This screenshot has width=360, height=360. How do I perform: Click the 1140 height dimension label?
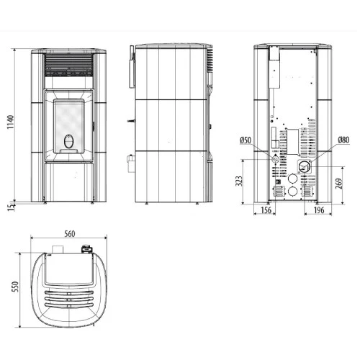(x=10, y=122)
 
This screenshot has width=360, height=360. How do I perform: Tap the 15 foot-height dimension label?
(x=10, y=207)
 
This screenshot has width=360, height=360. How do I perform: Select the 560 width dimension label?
(x=70, y=234)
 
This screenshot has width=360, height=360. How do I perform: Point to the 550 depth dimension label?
(x=15, y=287)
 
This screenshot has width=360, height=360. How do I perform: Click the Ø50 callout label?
(x=246, y=140)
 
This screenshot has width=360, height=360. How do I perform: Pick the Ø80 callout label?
(x=343, y=140)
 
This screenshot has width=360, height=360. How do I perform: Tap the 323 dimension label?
(x=239, y=181)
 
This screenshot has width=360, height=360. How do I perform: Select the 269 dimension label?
(x=338, y=184)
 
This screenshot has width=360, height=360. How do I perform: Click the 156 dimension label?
(x=266, y=210)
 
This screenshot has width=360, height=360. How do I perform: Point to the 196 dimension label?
(x=319, y=210)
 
